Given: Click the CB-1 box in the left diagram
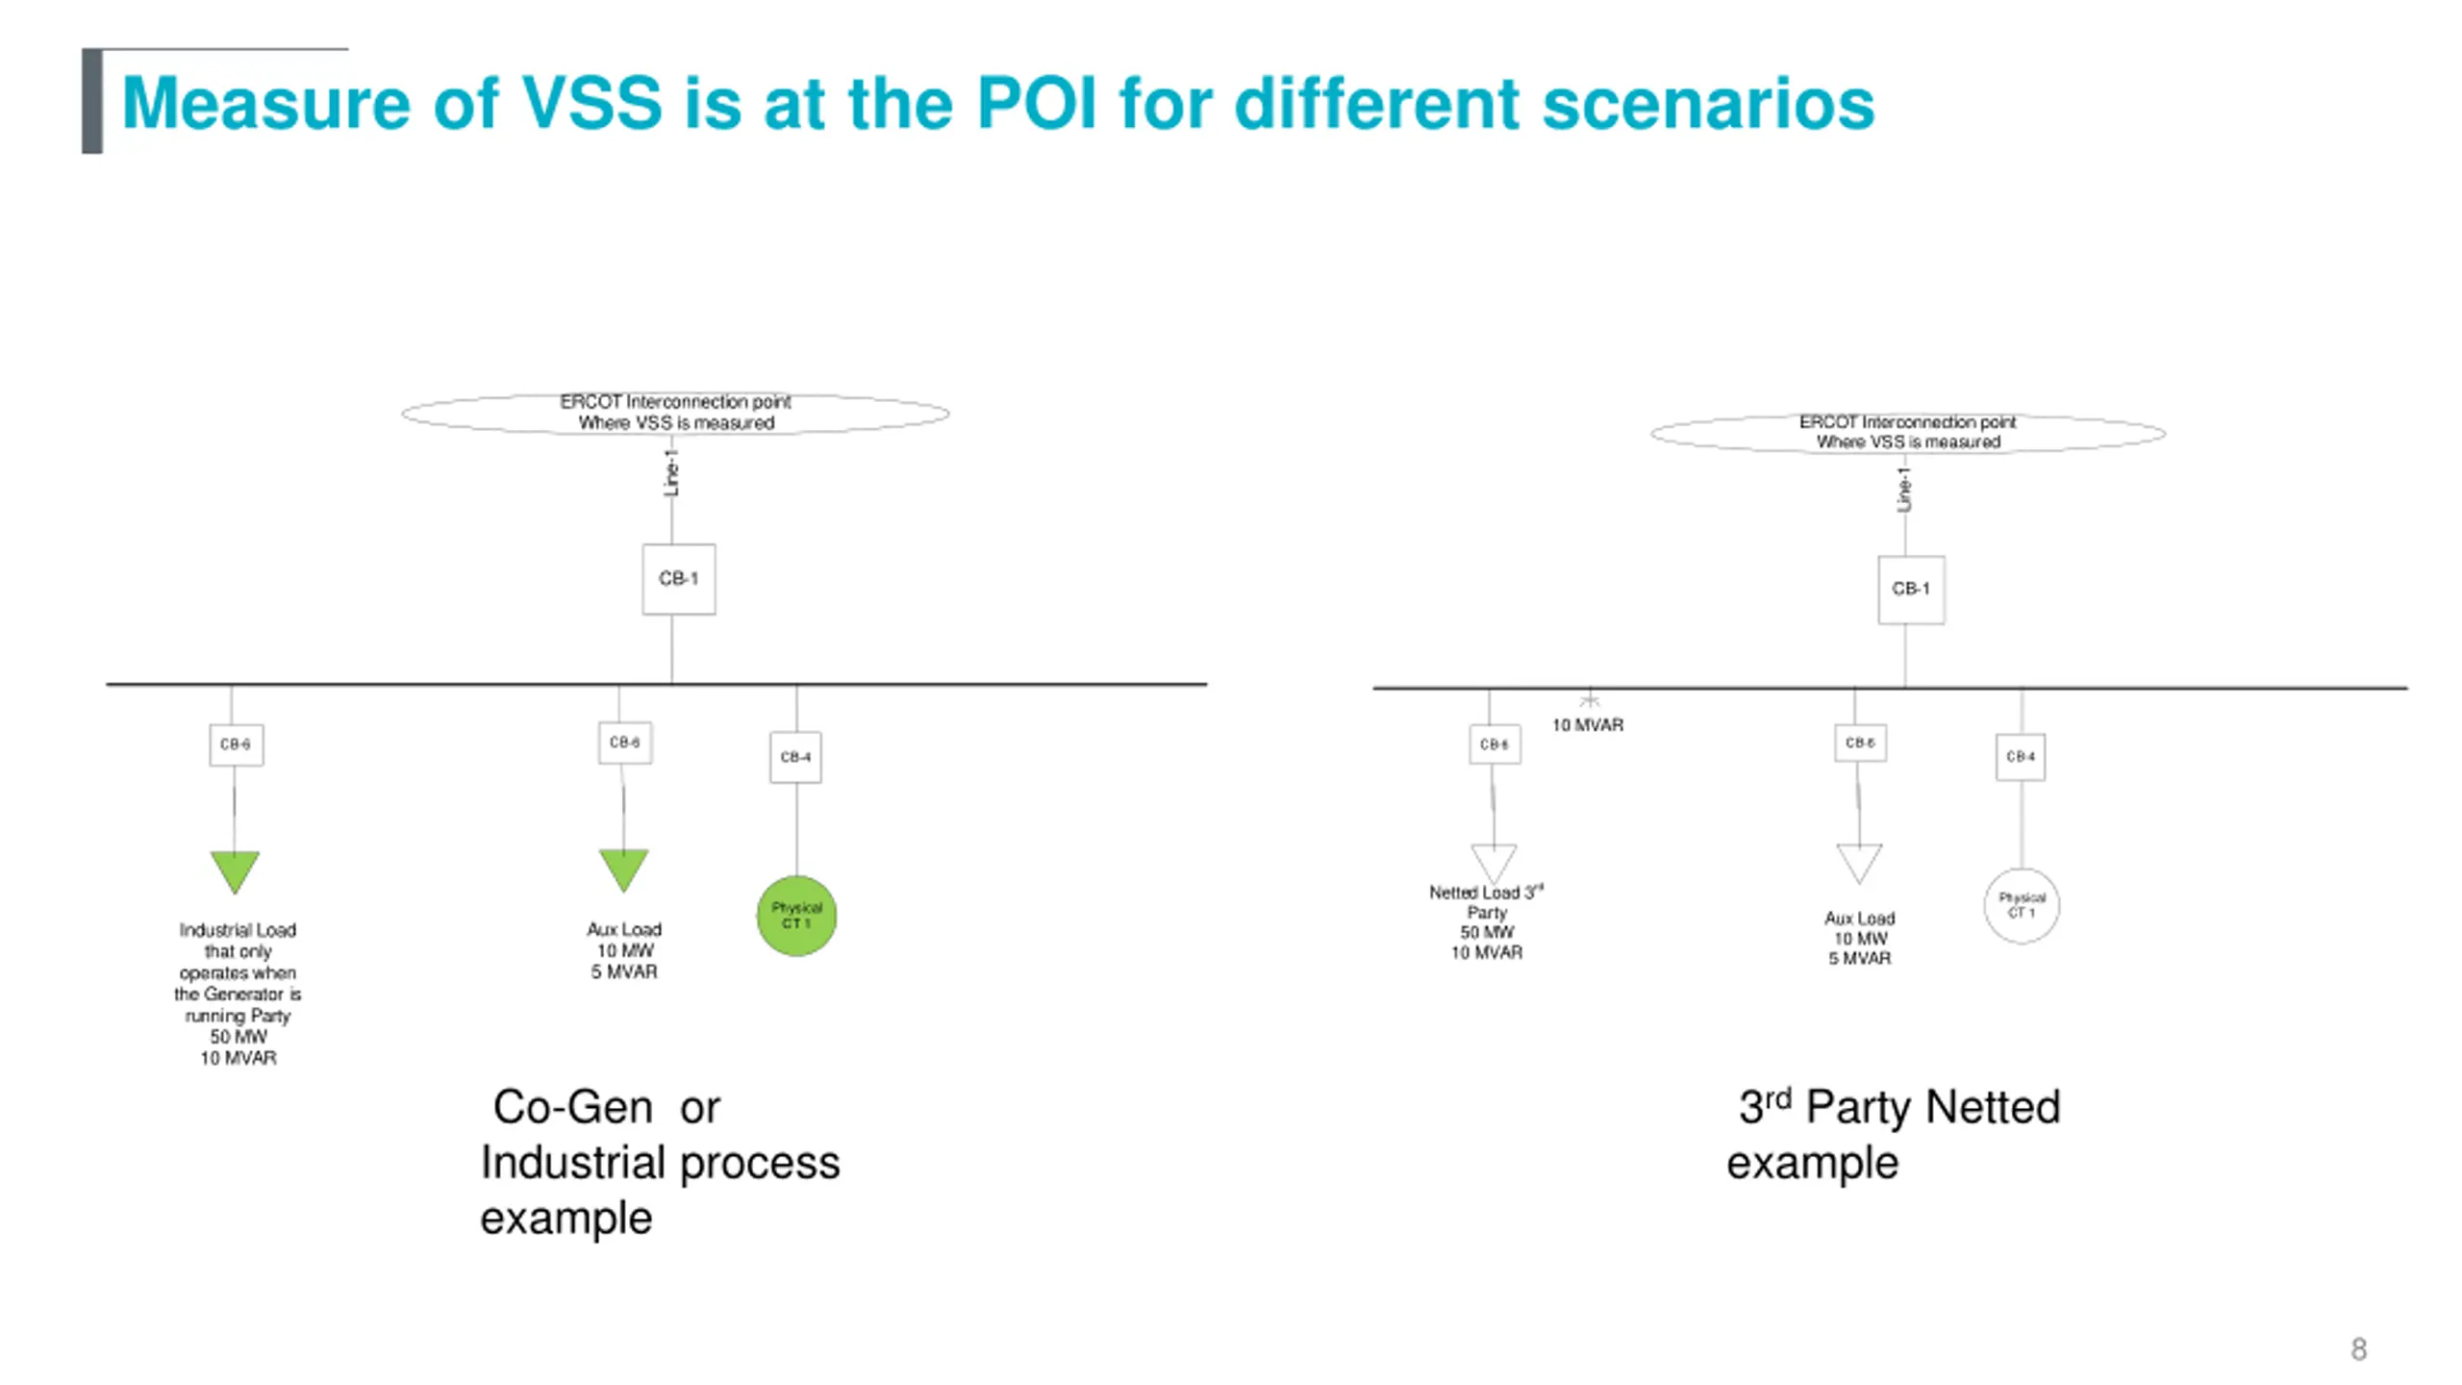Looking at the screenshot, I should [x=678, y=579].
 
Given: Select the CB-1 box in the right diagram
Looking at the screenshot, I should [x=1910, y=589].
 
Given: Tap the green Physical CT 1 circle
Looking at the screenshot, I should [x=796, y=915].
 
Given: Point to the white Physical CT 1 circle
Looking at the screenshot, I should [x=2022, y=905].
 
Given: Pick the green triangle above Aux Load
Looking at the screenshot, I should [x=623, y=869].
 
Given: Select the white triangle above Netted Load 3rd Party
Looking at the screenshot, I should [x=1494, y=861].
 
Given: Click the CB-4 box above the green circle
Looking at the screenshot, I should [x=795, y=757].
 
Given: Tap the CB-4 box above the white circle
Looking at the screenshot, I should [x=2020, y=757].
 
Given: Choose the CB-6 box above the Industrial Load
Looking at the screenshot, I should [x=236, y=744].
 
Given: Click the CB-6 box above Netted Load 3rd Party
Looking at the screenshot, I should [x=1495, y=744].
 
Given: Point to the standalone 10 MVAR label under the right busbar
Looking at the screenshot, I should [x=1587, y=725].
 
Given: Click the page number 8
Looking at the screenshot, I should [x=2358, y=1348].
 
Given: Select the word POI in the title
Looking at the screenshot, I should [x=1036, y=103].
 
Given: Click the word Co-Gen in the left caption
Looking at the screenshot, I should [x=573, y=1107].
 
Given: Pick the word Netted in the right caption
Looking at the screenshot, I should [x=1993, y=1107].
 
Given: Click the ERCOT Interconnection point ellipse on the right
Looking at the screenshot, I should [x=1908, y=433].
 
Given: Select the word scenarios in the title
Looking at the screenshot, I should [x=1708, y=103].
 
